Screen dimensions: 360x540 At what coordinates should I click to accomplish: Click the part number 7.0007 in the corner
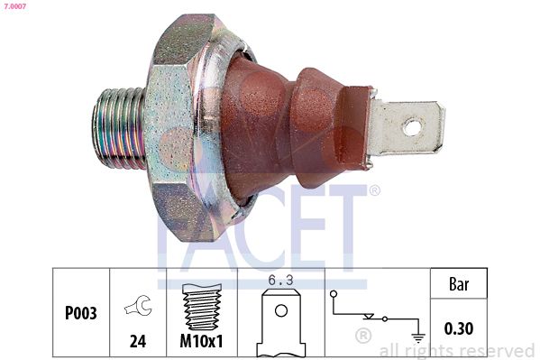(14, 5)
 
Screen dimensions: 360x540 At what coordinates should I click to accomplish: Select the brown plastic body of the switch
(279, 126)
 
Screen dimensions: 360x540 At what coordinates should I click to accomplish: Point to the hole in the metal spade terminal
(412, 127)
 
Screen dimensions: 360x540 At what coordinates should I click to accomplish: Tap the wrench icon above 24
(139, 307)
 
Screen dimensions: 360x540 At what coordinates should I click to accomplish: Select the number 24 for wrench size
(139, 343)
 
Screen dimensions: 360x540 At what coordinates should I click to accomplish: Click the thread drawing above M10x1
(202, 307)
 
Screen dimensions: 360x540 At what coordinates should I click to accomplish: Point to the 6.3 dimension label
(280, 281)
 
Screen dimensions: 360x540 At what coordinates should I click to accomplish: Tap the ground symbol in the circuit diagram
(416, 338)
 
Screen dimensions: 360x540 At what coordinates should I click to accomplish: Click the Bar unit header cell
(460, 284)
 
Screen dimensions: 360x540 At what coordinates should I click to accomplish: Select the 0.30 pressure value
(460, 329)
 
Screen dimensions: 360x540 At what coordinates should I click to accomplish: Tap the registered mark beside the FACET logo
(374, 190)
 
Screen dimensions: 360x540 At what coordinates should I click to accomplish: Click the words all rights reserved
(457, 350)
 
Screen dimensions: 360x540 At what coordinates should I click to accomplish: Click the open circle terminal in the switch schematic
(334, 293)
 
